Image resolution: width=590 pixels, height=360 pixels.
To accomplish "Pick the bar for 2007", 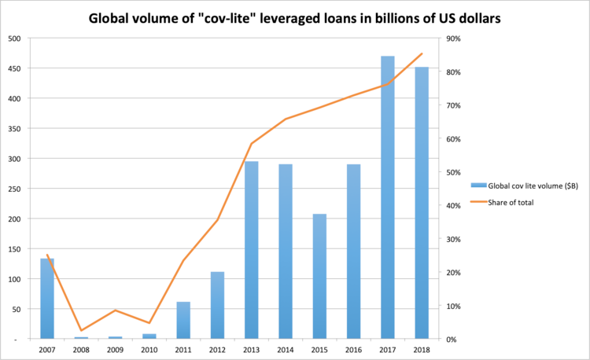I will (x=47, y=299).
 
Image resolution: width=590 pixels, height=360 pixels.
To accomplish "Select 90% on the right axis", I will (x=458, y=39).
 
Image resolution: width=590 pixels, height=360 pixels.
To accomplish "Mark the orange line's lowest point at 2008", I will (x=81, y=331).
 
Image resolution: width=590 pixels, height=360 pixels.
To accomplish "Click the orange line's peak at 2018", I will (x=422, y=53).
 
